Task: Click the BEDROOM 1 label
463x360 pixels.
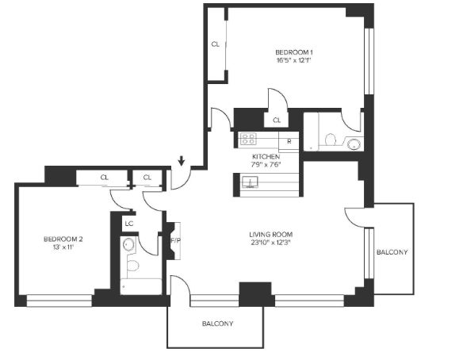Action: pos(294,52)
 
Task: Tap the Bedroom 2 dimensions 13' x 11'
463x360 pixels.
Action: pos(63,247)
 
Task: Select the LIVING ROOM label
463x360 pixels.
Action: pos(271,235)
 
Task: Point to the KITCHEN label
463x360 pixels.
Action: pos(266,156)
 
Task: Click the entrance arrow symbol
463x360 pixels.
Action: pos(182,161)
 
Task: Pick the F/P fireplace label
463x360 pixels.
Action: pos(175,241)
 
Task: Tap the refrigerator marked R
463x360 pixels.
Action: pos(289,141)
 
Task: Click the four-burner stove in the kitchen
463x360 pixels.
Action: pos(248,139)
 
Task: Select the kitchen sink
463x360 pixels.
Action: pos(250,182)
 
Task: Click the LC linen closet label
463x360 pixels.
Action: pos(129,224)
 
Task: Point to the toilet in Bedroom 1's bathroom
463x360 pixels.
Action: pos(331,140)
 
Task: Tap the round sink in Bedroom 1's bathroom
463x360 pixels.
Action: pos(354,144)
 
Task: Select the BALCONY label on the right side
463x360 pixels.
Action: pos(392,252)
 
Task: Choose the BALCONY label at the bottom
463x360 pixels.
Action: pos(217,324)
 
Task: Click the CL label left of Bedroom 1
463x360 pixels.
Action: pos(216,44)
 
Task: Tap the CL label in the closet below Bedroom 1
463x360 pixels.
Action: pos(277,121)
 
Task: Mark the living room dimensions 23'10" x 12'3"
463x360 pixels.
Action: pos(271,243)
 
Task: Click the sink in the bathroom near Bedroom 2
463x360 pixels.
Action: pos(128,244)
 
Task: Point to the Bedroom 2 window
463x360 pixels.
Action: pos(59,301)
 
